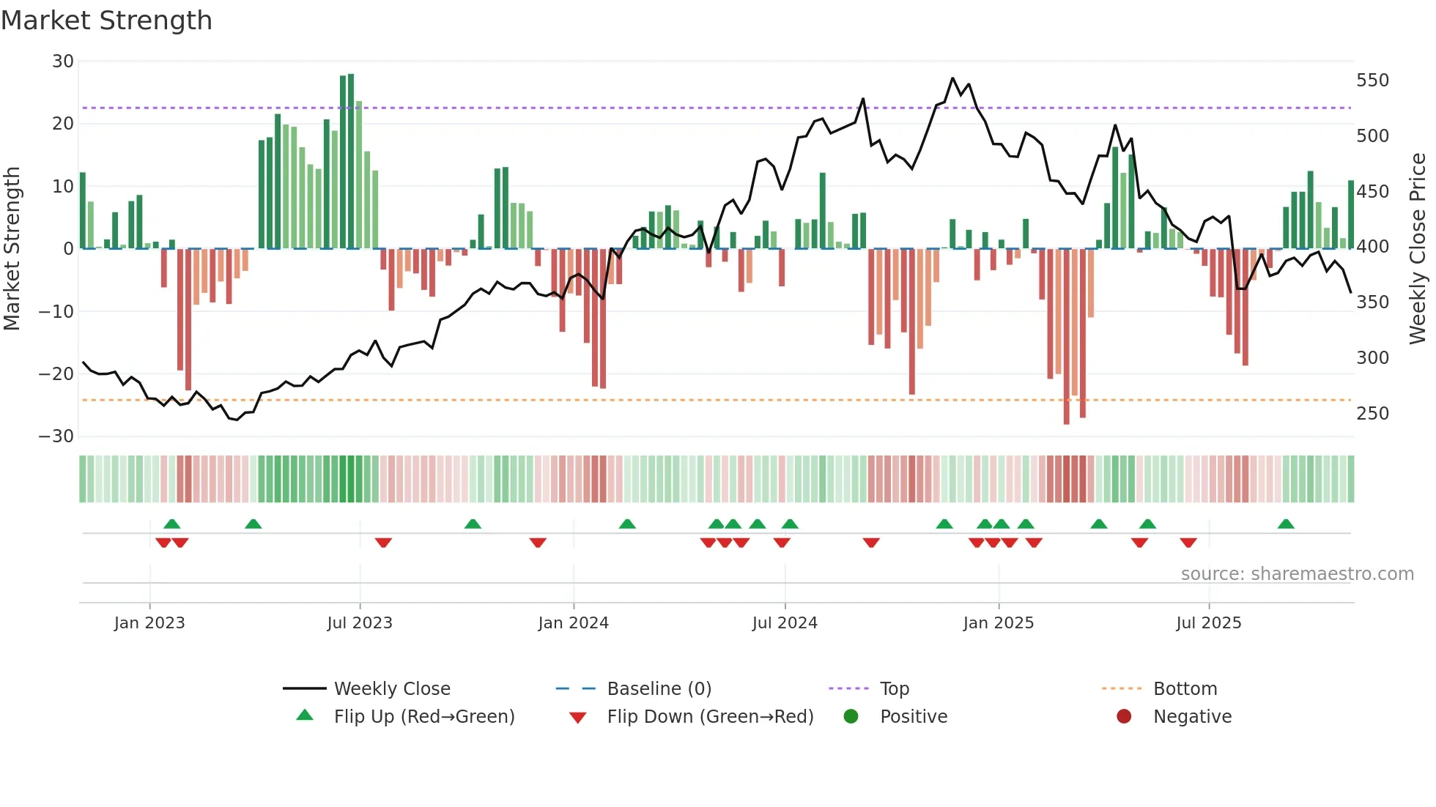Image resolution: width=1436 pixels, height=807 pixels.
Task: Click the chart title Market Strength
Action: (x=106, y=21)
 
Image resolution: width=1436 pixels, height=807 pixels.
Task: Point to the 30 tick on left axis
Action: (x=63, y=62)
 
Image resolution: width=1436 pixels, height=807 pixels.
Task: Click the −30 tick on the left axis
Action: (x=56, y=436)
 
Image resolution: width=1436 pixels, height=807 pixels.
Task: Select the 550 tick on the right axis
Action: (x=1372, y=81)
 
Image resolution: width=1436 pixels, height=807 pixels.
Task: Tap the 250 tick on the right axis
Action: (x=1372, y=414)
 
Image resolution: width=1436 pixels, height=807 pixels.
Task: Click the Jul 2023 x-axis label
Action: (x=360, y=623)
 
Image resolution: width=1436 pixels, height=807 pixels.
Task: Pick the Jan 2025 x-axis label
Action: (x=998, y=623)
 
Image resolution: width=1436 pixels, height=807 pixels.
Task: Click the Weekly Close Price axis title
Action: (x=1418, y=249)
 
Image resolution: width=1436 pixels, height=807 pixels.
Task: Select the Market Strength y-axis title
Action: (x=12, y=249)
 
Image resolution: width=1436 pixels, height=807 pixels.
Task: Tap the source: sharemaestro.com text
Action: (x=1297, y=574)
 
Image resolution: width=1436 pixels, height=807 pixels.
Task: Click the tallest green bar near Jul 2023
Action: (x=351, y=161)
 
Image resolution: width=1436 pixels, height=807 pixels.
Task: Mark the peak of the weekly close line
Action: (x=952, y=78)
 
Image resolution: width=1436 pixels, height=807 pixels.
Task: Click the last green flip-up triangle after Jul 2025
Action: (x=1286, y=524)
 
